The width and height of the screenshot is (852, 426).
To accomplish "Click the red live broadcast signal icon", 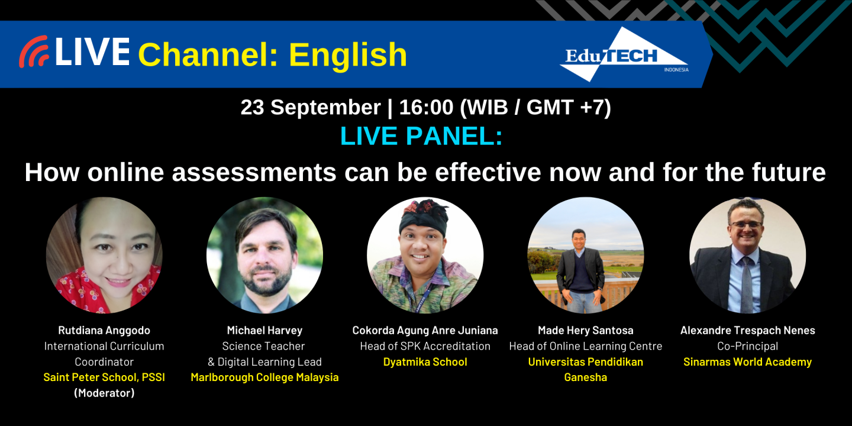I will (x=33, y=52).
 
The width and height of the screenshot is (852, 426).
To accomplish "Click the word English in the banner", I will (x=348, y=55).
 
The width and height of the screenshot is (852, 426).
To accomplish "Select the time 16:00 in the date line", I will (x=421, y=108).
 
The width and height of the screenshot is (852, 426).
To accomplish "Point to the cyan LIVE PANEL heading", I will (x=421, y=136).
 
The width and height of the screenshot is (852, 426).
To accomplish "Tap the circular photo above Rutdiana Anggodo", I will (x=104, y=255).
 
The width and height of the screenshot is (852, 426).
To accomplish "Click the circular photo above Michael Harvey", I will (x=264, y=255).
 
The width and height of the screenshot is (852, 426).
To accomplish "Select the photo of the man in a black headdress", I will (x=425, y=255).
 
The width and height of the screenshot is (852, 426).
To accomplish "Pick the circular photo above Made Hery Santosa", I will (x=585, y=255).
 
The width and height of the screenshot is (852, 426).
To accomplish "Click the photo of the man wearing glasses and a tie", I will (x=747, y=255).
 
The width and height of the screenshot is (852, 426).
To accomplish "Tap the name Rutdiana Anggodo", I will (x=104, y=331).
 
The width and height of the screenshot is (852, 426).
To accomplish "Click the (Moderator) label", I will (x=104, y=392).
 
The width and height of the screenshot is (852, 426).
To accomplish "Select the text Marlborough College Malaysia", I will (x=264, y=377).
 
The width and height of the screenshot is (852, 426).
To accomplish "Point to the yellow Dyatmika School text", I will (x=425, y=362).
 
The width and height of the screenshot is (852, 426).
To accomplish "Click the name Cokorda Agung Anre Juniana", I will (x=425, y=331).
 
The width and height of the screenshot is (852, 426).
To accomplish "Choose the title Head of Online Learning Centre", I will (x=585, y=346).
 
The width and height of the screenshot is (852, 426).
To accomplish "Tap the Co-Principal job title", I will (x=747, y=346).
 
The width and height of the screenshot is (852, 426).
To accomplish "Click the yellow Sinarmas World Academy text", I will (x=747, y=362).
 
